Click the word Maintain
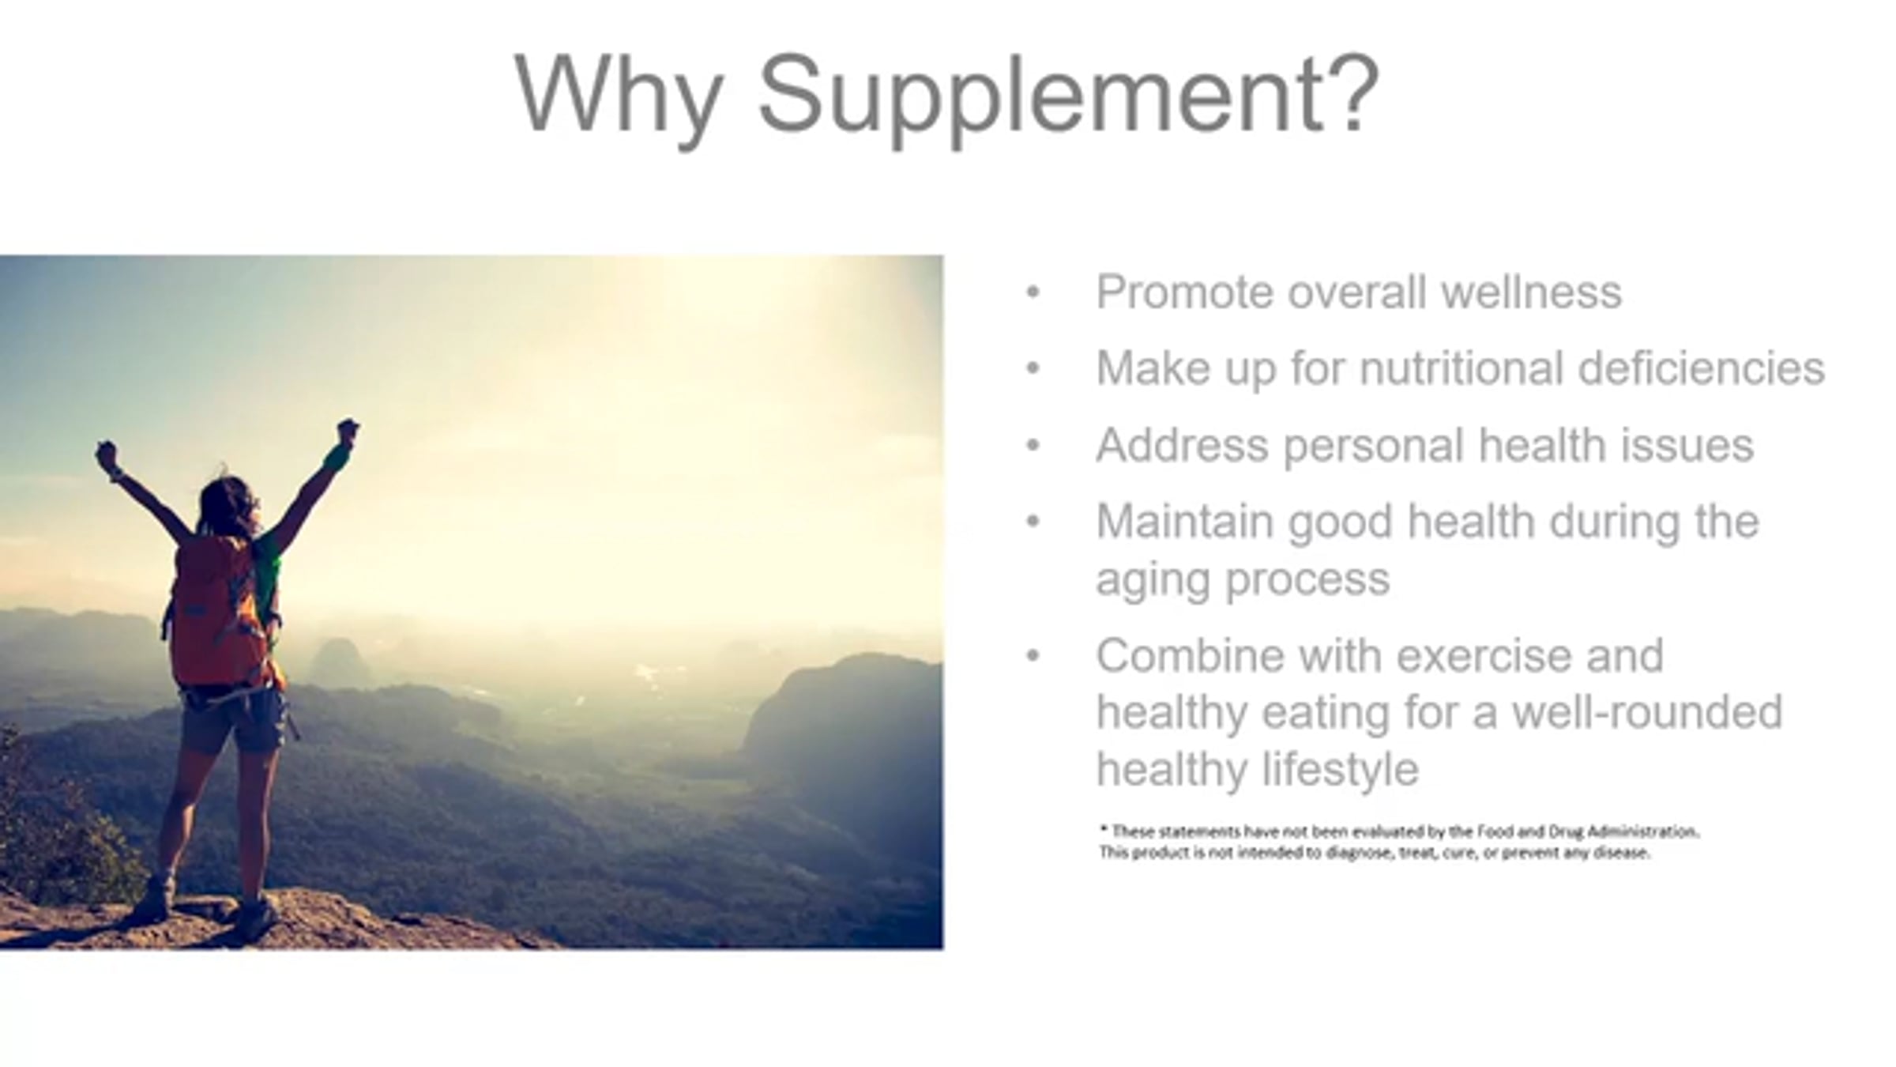click(1185, 521)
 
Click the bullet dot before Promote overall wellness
click(1033, 293)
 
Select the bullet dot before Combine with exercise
click(1033, 656)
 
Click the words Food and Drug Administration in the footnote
click(1587, 831)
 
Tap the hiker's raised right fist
click(347, 432)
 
